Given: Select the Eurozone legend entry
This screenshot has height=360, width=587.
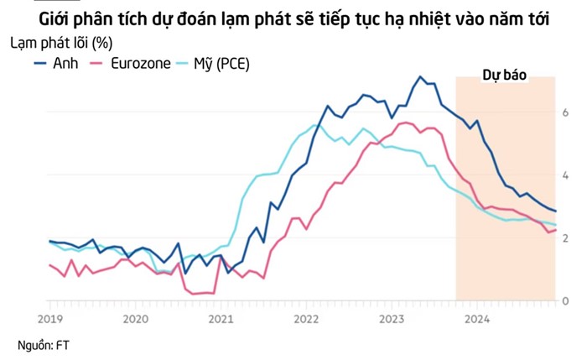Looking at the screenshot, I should pos(143,64).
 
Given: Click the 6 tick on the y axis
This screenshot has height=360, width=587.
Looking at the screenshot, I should pos(566,112).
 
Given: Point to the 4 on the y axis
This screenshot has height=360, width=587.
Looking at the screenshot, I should pos(566,175).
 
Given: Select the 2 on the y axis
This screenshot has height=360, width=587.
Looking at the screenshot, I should pos(566,238).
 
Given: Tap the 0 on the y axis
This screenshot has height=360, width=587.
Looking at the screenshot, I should pos(566,300).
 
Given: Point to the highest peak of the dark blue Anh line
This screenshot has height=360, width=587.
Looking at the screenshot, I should pos(419,77).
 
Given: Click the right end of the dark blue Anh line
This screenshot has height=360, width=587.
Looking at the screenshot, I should pos(556,211).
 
